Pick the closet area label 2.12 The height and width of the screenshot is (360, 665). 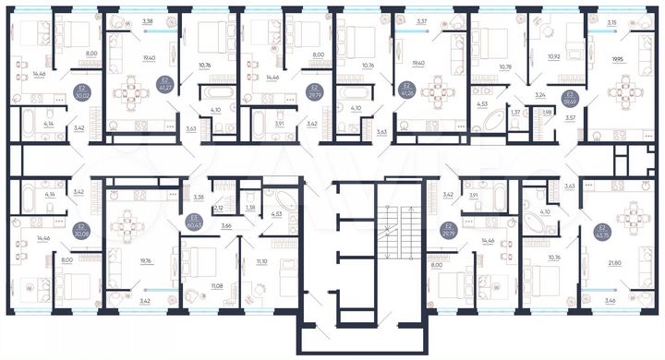pyautogui.click(x=218, y=209)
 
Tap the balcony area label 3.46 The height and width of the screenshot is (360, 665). pyautogui.click(x=611, y=301)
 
